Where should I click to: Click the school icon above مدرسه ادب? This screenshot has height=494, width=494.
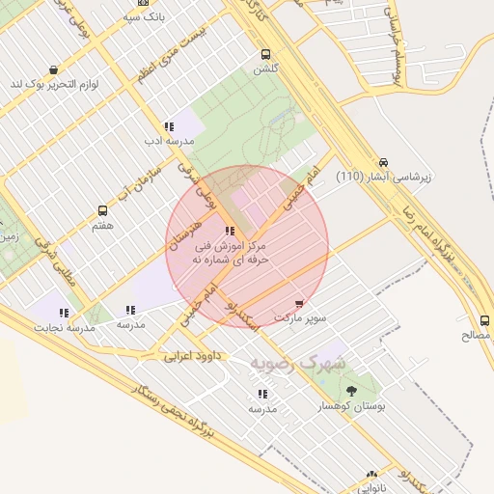(169, 126)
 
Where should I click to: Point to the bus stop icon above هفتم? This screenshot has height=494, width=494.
(102, 210)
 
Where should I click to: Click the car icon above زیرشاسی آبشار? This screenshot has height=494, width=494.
(384, 162)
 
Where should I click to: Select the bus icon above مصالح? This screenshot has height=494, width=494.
(483, 320)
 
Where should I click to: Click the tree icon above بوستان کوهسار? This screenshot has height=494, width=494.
(350, 392)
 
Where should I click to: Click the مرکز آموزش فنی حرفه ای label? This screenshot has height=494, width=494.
(229, 253)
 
